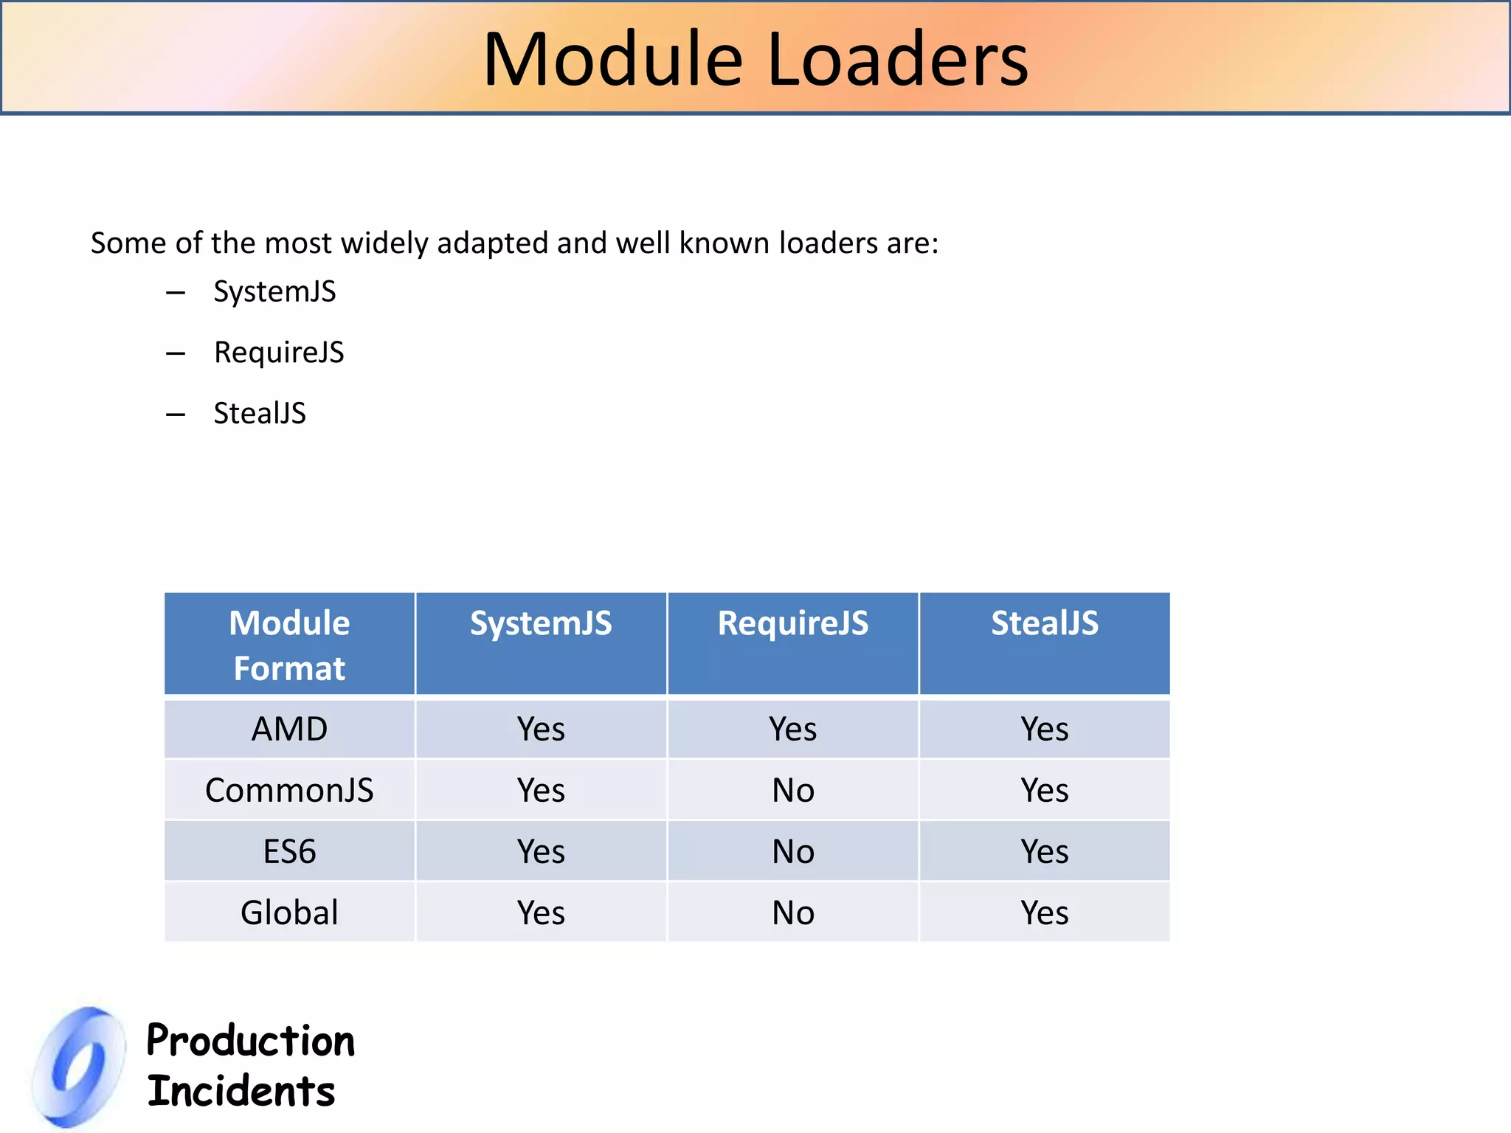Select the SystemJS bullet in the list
[x=274, y=292]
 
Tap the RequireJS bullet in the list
[x=279, y=353]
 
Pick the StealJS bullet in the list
[x=260, y=414]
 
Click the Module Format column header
[x=289, y=645]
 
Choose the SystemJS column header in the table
[x=541, y=624]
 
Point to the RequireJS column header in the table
[x=793, y=624]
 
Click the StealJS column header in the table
[x=1045, y=624]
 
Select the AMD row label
[x=289, y=730]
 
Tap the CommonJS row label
[x=289, y=791]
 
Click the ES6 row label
[x=289, y=852]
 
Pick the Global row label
[x=289, y=913]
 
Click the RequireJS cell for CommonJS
[x=793, y=791]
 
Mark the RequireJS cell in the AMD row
[x=793, y=730]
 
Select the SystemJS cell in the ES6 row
[x=541, y=852]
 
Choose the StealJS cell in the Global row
[x=1045, y=913]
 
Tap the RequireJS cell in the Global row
[x=793, y=913]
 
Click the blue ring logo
[x=80, y=1067]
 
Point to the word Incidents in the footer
[x=241, y=1092]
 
